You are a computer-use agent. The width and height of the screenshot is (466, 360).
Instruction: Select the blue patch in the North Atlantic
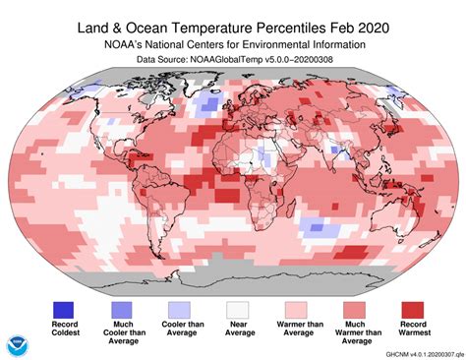pyautogui.click(x=207, y=104)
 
